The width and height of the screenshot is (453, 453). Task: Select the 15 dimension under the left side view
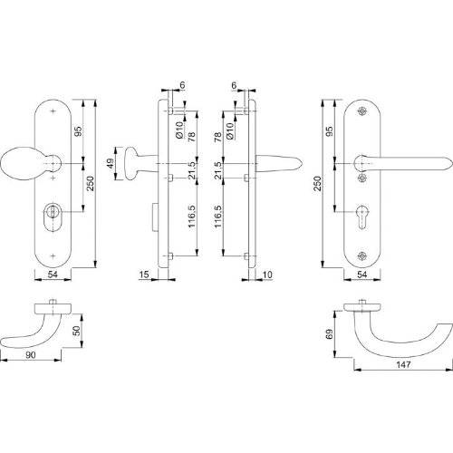(145, 274)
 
